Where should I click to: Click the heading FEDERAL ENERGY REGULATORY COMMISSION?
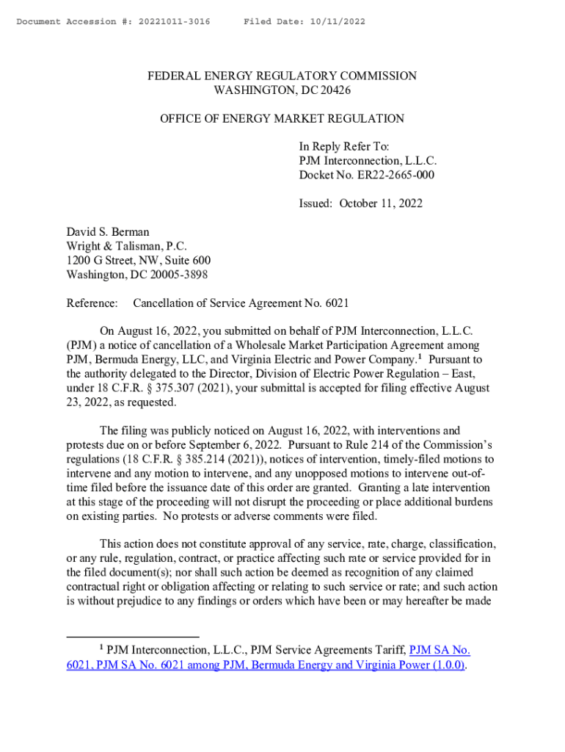[282, 76]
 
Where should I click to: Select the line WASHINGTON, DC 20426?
[282, 90]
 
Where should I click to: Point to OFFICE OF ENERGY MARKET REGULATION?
[282, 118]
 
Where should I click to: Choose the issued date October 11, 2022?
[381, 203]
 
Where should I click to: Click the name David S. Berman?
[108, 232]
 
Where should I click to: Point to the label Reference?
[92, 303]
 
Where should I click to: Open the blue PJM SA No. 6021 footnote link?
[439, 650]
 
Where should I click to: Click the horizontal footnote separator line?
[132, 636]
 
